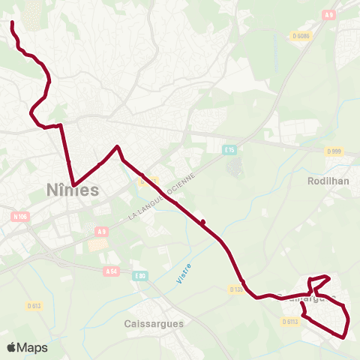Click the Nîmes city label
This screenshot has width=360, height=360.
click(72, 190)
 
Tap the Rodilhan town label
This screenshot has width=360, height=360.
click(328, 181)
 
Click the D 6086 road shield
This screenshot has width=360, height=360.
click(302, 35)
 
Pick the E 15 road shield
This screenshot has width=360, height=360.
click(229, 150)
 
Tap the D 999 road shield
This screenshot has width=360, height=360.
click(334, 151)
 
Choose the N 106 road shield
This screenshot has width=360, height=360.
click(20, 217)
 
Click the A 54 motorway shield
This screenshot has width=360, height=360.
click(112, 271)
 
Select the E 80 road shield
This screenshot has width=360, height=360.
click(139, 276)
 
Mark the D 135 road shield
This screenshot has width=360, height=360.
click(235, 288)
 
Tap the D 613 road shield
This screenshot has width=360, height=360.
click(34, 305)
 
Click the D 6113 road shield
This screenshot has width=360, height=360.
click(291, 321)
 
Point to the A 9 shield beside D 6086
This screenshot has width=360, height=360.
click(329, 14)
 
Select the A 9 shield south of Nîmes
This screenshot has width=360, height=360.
click(102, 232)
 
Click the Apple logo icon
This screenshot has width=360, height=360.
click(12, 347)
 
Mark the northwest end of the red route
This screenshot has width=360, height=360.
click(13, 24)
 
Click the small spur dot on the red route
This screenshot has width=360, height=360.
click(202, 220)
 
